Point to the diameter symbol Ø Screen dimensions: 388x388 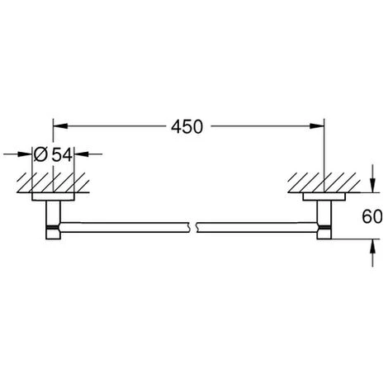click(x=40, y=153)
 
